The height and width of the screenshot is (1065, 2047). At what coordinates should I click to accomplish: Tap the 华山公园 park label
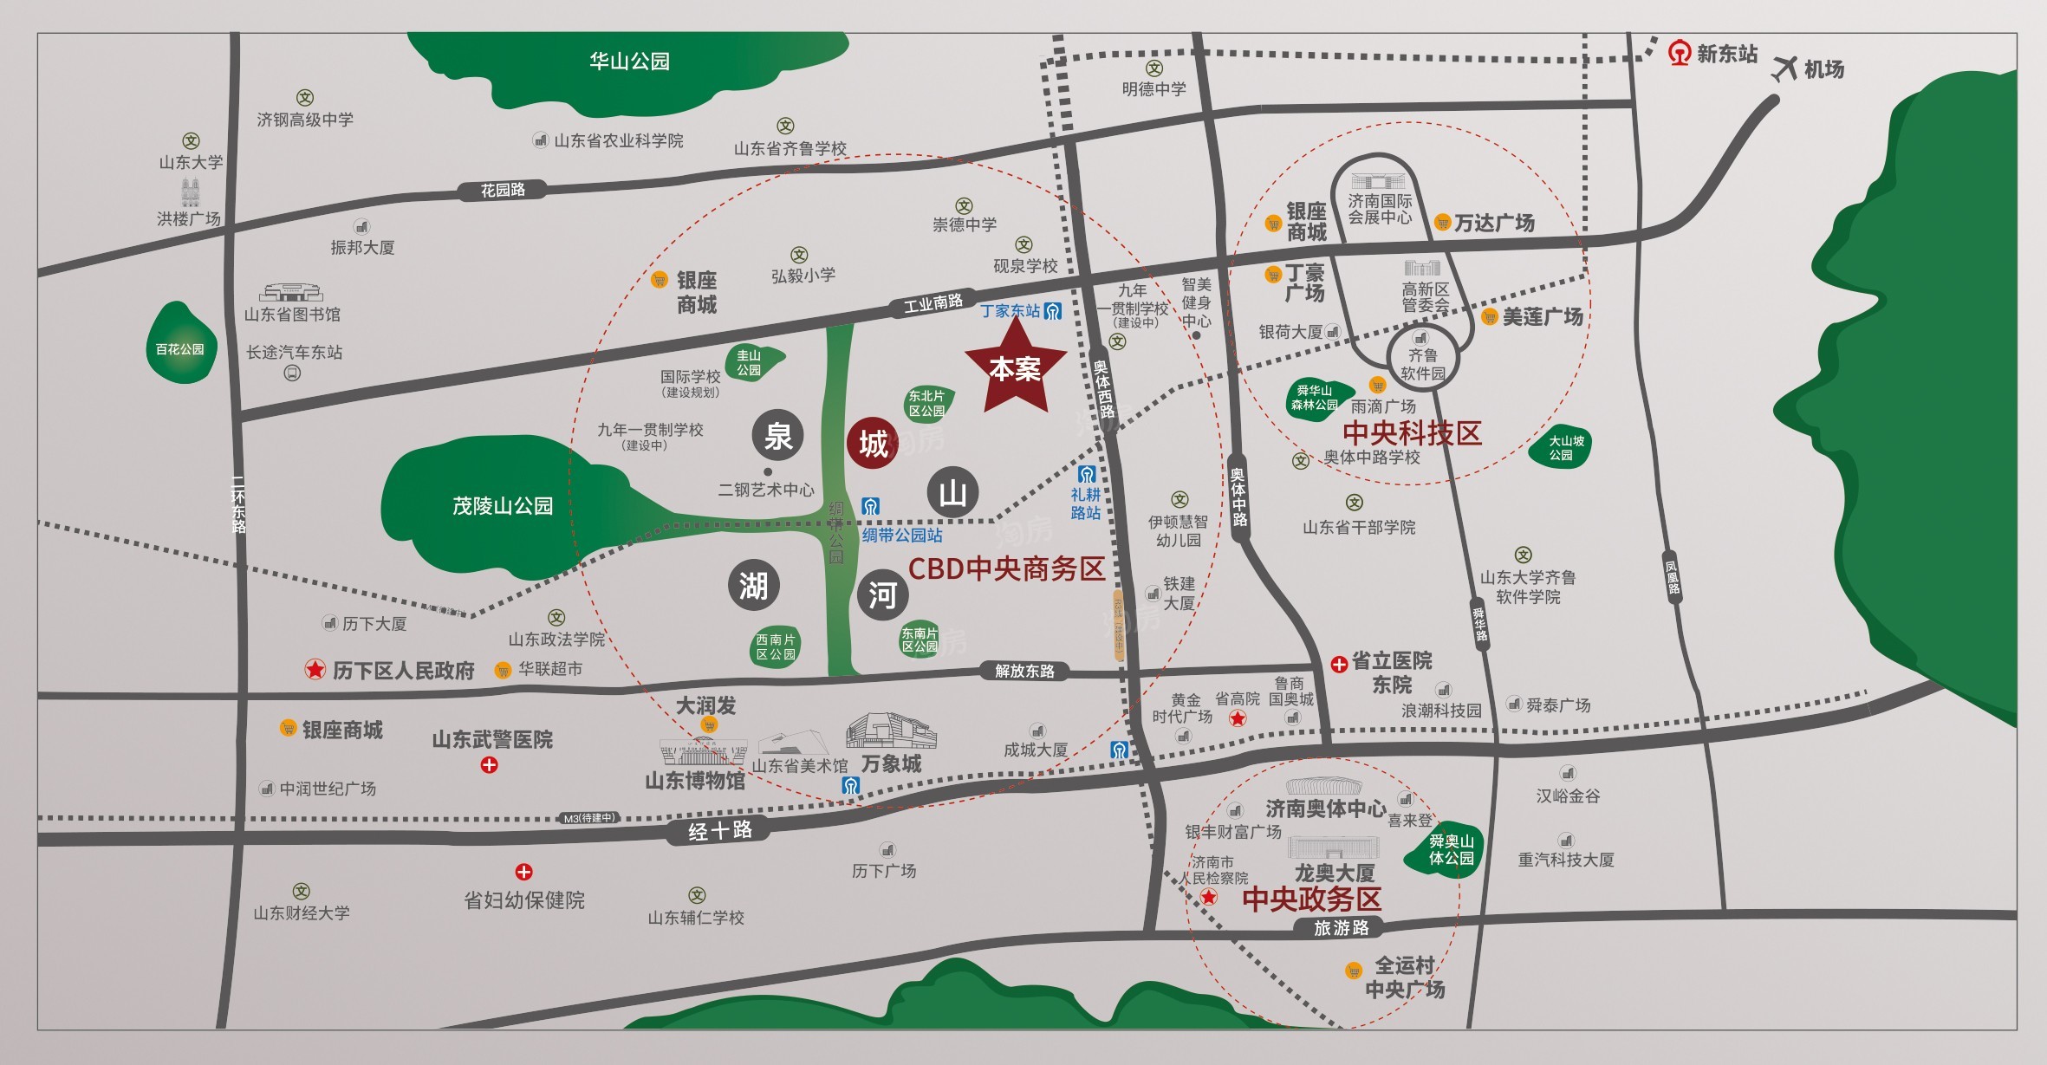click(x=629, y=62)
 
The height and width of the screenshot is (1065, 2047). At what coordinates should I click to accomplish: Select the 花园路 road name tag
click(x=503, y=190)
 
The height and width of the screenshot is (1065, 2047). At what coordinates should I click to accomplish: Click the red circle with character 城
click(x=872, y=444)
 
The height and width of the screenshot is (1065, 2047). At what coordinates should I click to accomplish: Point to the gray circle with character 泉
click(x=777, y=436)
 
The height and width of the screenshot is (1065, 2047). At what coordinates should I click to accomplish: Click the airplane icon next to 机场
click(x=1784, y=68)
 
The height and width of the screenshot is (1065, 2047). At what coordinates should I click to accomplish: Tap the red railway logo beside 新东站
click(x=1680, y=54)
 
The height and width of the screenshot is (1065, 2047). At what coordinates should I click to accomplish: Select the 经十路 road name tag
click(x=719, y=830)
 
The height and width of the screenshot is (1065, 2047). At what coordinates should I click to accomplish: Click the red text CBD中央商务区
click(x=1006, y=568)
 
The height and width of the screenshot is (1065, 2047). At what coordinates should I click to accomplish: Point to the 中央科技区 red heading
click(x=1412, y=432)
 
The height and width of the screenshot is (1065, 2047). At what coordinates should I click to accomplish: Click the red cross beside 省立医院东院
click(x=1339, y=664)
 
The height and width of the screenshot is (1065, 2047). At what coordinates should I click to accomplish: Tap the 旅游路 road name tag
click(x=1341, y=927)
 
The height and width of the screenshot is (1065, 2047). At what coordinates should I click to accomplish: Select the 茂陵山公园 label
click(x=503, y=505)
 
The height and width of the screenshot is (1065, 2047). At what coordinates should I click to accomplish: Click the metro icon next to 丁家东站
click(x=1053, y=311)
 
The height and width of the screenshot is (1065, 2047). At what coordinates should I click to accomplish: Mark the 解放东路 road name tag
click(x=1024, y=671)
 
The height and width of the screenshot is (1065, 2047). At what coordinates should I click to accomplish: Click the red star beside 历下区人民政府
click(x=315, y=669)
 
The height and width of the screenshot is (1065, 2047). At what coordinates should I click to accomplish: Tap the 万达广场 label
click(x=1494, y=223)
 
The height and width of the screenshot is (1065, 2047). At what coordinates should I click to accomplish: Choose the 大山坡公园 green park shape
click(x=1560, y=448)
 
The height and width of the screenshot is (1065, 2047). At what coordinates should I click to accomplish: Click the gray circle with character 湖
click(x=753, y=586)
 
